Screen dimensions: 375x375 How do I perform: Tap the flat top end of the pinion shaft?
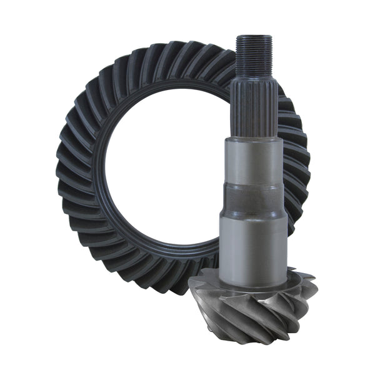pyautogui.click(x=252, y=37)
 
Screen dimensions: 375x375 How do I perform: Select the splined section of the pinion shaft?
pyautogui.click(x=254, y=106)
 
